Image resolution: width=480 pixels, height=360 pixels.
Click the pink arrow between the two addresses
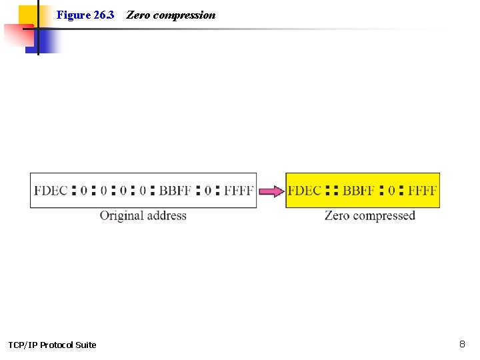coord(271,191)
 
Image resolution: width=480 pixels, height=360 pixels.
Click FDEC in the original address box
coord(51,191)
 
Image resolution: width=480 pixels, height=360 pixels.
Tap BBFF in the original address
coord(175,191)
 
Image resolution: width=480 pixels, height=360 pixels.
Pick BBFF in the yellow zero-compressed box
coord(358,191)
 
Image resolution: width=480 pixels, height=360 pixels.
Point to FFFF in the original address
coord(238,191)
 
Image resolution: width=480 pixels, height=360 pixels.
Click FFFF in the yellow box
coord(421,191)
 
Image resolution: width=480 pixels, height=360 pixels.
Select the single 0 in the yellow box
coord(391,191)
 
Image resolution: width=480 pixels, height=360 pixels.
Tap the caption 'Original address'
coord(143,215)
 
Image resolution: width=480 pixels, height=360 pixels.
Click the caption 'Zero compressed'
coord(369,215)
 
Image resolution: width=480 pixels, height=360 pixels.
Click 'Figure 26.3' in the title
coord(85,15)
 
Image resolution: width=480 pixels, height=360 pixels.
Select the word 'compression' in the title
coord(184,15)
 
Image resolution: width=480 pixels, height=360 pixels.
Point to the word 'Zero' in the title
coord(137,15)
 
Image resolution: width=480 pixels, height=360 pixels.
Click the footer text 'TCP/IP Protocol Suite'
coord(52,345)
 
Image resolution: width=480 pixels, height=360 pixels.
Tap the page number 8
coord(462,344)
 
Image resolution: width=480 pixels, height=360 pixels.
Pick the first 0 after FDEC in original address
coord(83,191)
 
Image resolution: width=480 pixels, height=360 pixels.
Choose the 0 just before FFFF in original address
coord(207,191)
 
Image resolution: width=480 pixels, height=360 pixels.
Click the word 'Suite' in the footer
coord(85,345)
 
